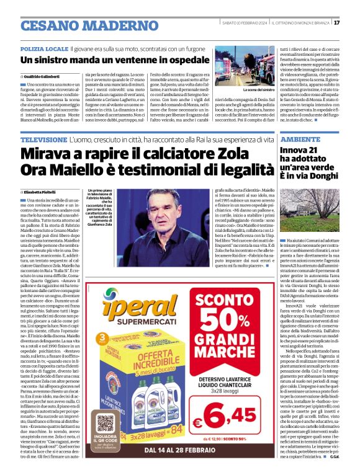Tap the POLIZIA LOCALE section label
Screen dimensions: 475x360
[x=44, y=47]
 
